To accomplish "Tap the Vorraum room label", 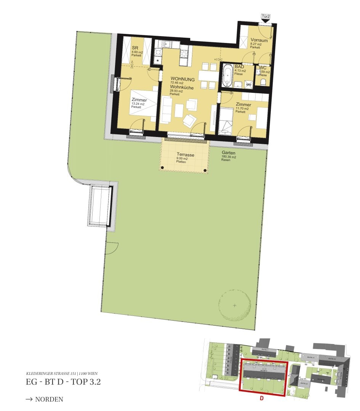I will pos(259,40).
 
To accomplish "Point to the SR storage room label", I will pos(135,48).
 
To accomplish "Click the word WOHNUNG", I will pos(182,79).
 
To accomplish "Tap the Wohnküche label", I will pos(182,88).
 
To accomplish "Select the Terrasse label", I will pos(185,155).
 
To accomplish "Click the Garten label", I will pos(229,153).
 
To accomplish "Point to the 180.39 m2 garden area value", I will pos(229,157).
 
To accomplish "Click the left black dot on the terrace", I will pos(163,168).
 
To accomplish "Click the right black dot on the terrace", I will pos(205,170).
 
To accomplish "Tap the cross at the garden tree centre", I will pos(235,305).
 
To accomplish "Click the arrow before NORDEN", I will pos(29,399).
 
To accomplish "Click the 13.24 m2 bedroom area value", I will pos(138,104).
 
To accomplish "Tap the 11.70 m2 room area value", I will pos(242,109).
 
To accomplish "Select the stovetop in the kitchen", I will pos(184,54).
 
